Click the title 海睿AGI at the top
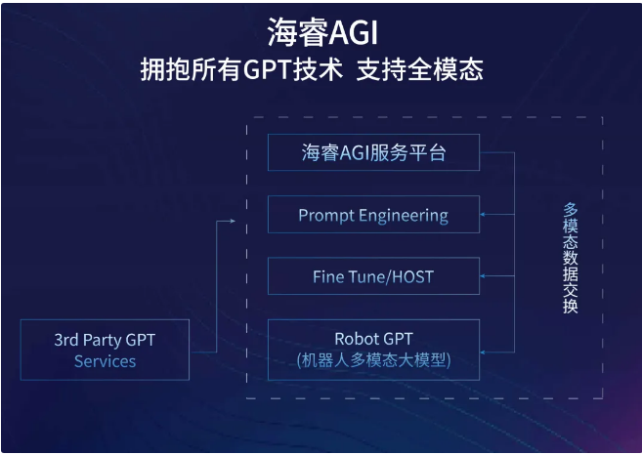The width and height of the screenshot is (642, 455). pos(322,32)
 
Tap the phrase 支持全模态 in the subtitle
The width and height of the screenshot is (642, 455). pos(419,69)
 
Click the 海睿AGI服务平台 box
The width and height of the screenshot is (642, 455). pos(373,152)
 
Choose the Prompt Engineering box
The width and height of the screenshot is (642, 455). pos(373,215)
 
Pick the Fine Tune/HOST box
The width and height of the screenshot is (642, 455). pos(373,276)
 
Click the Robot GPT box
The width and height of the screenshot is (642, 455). pos(373,350)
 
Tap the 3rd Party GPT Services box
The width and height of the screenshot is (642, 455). pos(105,350)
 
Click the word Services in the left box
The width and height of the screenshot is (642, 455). pos(105,361)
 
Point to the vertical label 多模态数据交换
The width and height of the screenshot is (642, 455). pos(571,258)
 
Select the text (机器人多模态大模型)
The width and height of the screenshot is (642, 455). pos(373,360)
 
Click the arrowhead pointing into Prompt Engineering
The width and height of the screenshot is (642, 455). pos(483,215)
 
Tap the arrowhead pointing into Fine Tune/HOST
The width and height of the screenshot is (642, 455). pos(483,276)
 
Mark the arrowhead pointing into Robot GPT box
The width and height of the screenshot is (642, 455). pos(483,352)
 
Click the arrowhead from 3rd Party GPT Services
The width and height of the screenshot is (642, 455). pos(233,221)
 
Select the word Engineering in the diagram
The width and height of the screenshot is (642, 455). pos(404,216)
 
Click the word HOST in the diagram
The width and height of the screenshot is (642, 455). pos(412,277)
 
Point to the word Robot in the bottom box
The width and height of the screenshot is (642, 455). pos(354,339)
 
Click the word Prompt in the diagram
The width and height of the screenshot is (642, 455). pos(326,216)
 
